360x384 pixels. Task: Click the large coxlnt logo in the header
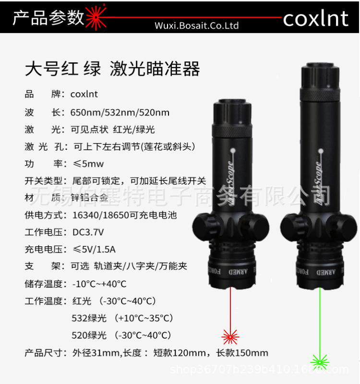[315, 18]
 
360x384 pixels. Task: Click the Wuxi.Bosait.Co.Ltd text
[197, 26]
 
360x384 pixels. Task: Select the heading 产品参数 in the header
[48, 18]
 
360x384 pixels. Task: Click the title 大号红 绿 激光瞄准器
[112, 69]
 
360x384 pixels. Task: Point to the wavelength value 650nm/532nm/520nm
[120, 113]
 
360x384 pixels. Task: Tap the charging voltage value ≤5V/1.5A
[94, 249]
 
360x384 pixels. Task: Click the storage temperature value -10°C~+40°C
[99, 284]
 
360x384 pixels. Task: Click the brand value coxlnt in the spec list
[84, 94]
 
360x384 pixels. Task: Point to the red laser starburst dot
[230, 336]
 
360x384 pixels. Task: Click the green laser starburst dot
[319, 360]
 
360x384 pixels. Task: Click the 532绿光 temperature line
[122, 318]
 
